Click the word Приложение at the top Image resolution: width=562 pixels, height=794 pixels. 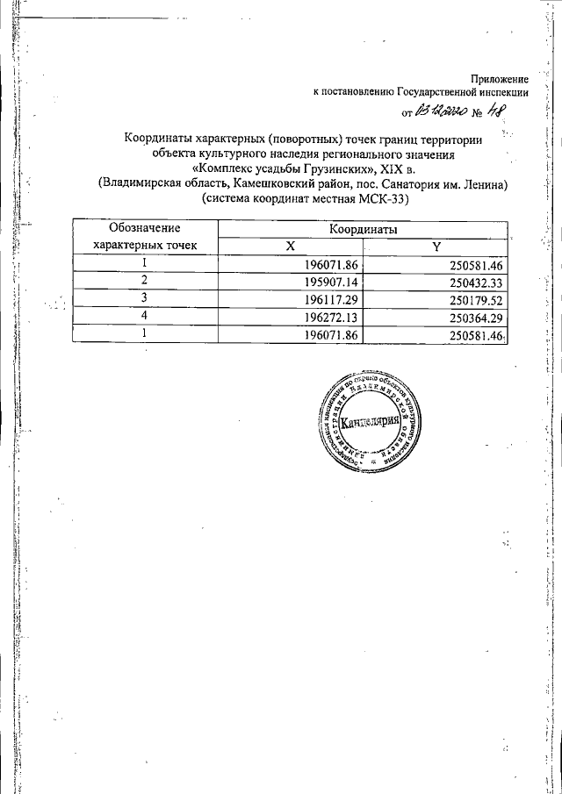point(500,80)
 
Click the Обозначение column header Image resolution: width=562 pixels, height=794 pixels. point(144,228)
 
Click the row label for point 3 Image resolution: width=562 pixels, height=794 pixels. point(144,299)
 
